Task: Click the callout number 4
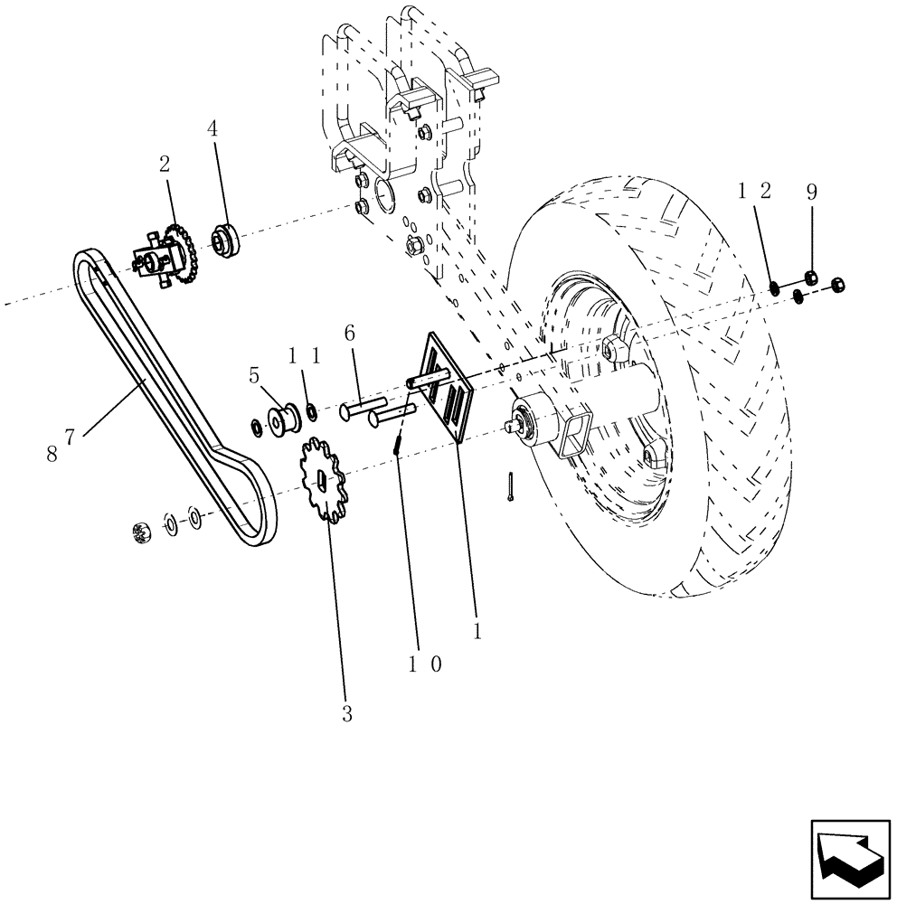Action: point(212,129)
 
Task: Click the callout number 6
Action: point(348,333)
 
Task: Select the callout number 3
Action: point(346,714)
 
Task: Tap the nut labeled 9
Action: point(811,276)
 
